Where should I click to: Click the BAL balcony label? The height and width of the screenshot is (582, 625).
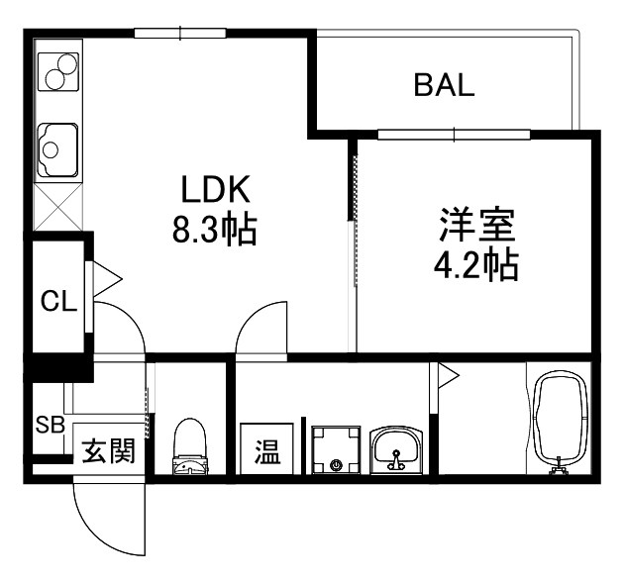[x=444, y=85]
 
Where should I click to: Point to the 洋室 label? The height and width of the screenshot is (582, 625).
[x=477, y=226]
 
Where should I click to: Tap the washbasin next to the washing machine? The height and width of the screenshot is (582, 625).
[x=396, y=450]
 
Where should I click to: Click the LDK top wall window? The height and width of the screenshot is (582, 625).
[x=180, y=33]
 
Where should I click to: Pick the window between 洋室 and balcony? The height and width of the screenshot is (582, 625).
[x=455, y=135]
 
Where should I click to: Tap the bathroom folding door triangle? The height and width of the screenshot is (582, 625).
[x=447, y=376]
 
